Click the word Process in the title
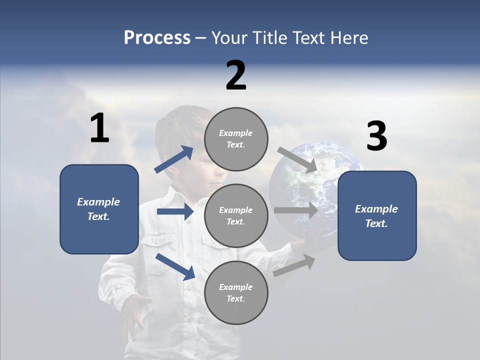157,38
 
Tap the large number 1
99,128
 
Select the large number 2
236,75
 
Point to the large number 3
376,136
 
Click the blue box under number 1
99,209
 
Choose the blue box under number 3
377,216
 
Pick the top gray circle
236,139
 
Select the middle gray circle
236,215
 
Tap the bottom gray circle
236,292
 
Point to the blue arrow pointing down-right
175,266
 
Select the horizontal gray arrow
296,210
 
